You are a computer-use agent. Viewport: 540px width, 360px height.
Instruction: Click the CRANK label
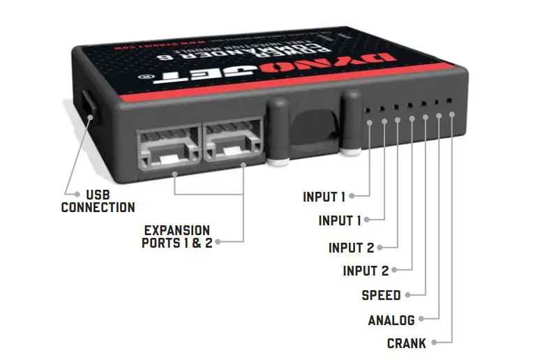point(406,343)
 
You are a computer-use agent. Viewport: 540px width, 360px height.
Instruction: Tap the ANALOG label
point(391,320)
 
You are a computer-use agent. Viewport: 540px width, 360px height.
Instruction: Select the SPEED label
point(381,295)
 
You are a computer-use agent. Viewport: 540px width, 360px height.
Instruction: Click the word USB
point(98,195)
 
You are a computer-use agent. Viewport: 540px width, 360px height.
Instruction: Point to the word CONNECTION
point(98,207)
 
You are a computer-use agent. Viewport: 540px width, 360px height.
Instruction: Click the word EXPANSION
point(177,230)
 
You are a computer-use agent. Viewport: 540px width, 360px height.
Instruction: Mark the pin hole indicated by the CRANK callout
point(450,103)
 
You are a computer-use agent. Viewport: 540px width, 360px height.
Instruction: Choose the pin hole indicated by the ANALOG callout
point(437,104)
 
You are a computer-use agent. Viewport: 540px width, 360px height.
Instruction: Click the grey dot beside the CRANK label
point(434,343)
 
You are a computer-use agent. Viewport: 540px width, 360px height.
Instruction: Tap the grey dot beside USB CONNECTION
point(68,194)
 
